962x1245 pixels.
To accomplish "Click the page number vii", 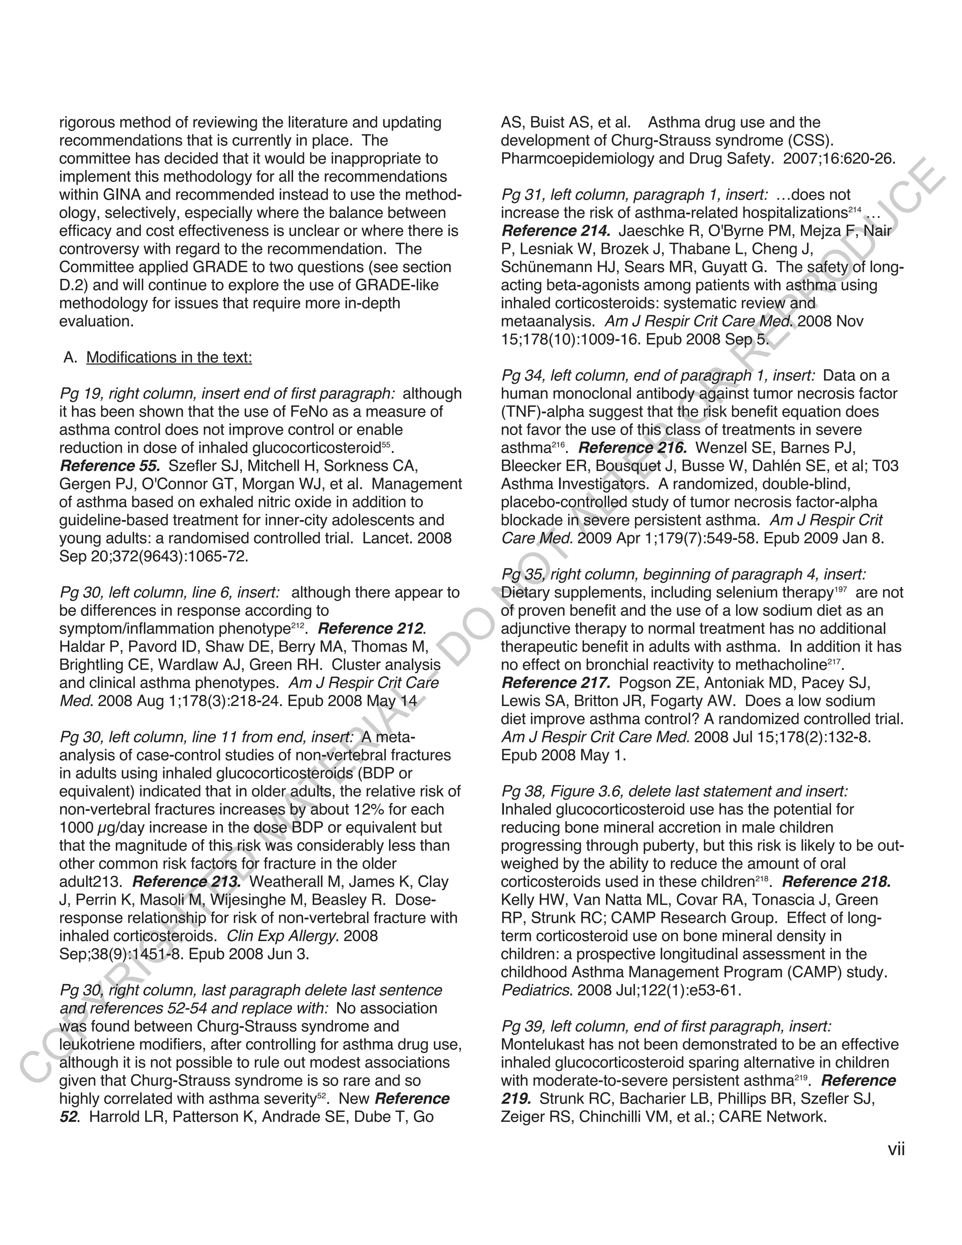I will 896,1149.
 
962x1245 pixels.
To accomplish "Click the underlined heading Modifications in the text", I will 169,358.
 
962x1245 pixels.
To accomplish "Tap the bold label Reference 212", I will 372,628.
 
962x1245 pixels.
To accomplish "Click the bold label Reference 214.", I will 556,231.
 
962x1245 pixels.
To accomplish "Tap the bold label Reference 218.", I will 836,881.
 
